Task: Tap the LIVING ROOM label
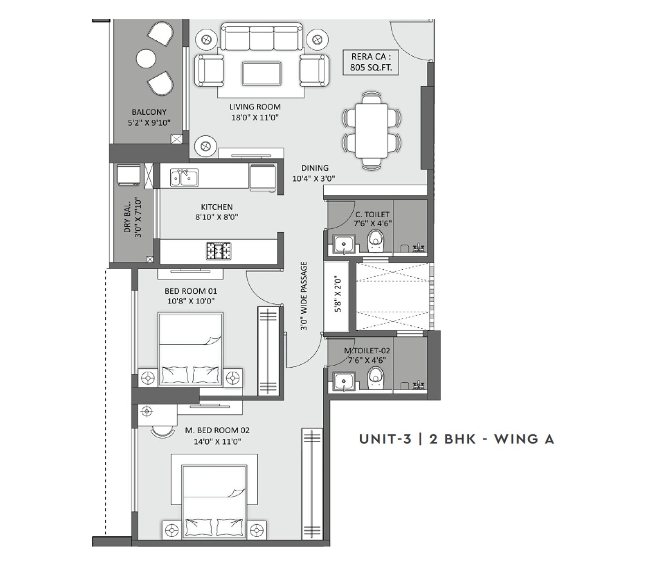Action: click(255, 107)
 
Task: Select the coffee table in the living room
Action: click(262, 74)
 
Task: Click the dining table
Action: click(371, 131)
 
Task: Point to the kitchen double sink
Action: click(184, 178)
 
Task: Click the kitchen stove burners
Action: click(218, 251)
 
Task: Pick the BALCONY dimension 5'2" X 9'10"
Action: click(149, 123)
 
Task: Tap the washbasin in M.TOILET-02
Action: click(344, 380)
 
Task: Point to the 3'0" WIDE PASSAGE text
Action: click(305, 296)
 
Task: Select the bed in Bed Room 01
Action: click(190, 349)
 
